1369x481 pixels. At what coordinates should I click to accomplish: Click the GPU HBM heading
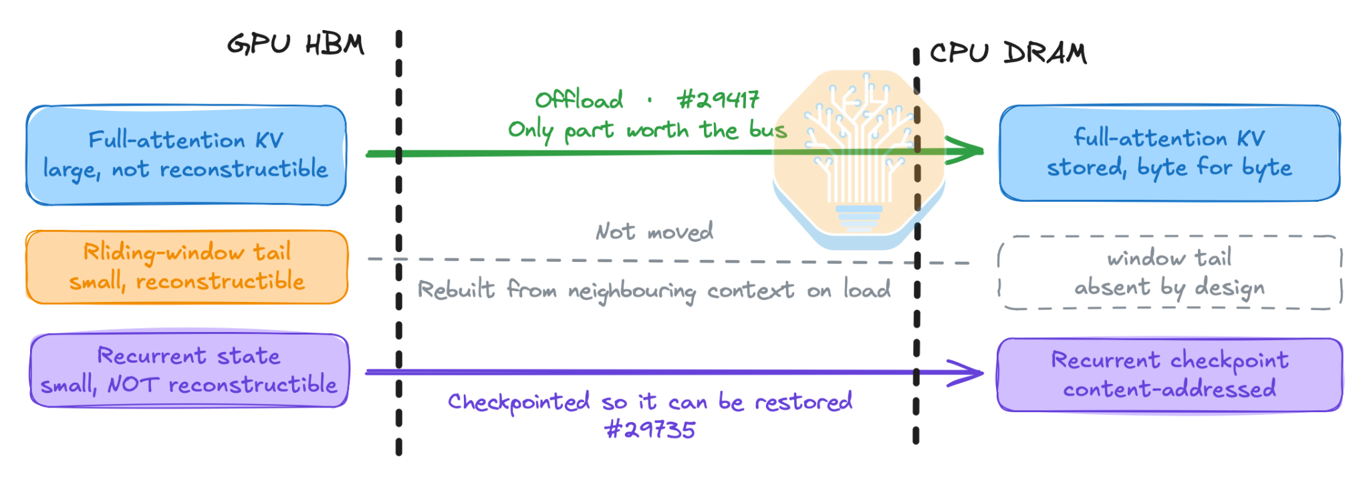(295, 45)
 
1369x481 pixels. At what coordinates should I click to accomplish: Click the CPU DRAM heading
(1008, 53)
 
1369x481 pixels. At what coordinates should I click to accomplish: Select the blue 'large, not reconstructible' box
(186, 155)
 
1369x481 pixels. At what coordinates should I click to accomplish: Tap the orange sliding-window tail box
(187, 267)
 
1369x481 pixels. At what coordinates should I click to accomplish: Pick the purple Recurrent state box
(190, 371)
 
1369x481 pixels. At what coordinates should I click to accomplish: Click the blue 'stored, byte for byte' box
(1170, 153)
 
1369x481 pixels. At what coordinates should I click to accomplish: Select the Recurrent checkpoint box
(1170, 375)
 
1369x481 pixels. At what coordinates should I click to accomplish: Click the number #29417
(718, 100)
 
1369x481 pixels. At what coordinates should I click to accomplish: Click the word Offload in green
(579, 100)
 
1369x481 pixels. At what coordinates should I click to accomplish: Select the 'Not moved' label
(654, 232)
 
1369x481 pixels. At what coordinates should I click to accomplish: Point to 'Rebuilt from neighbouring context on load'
(654, 290)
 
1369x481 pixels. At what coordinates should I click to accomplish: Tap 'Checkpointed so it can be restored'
(650, 402)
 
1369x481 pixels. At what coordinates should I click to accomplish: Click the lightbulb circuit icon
(859, 159)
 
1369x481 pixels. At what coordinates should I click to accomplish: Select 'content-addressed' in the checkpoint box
(1170, 389)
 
